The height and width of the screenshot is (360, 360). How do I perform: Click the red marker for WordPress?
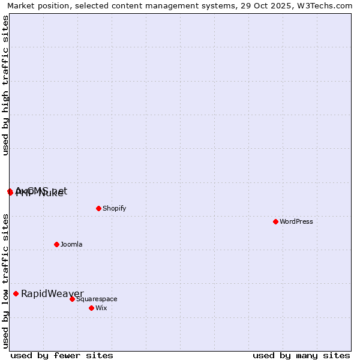click(x=275, y=221)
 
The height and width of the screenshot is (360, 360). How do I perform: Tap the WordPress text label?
click(x=296, y=221)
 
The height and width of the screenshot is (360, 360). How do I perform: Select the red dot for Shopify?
click(x=98, y=208)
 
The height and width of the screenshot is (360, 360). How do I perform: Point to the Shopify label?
click(x=114, y=208)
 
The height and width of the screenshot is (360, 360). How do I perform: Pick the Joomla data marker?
click(x=56, y=244)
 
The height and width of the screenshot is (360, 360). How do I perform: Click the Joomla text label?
click(x=71, y=244)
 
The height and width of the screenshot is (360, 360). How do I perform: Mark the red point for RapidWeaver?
click(x=16, y=293)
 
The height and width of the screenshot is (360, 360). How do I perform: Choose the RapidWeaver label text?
click(x=52, y=293)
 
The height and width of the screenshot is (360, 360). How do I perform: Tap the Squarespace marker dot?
click(x=72, y=299)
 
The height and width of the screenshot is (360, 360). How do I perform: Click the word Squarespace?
click(x=97, y=299)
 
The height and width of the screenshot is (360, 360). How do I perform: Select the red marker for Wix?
click(x=91, y=308)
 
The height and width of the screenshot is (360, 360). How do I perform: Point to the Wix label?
click(x=101, y=308)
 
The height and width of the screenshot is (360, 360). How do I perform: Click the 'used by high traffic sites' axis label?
click(x=5, y=86)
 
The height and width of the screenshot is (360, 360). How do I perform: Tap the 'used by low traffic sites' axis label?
click(x=5, y=281)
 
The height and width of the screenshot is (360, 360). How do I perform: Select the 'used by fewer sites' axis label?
click(x=62, y=355)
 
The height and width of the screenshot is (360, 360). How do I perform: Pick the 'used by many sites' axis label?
click(x=301, y=355)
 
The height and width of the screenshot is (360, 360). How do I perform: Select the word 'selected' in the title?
click(x=88, y=5)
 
